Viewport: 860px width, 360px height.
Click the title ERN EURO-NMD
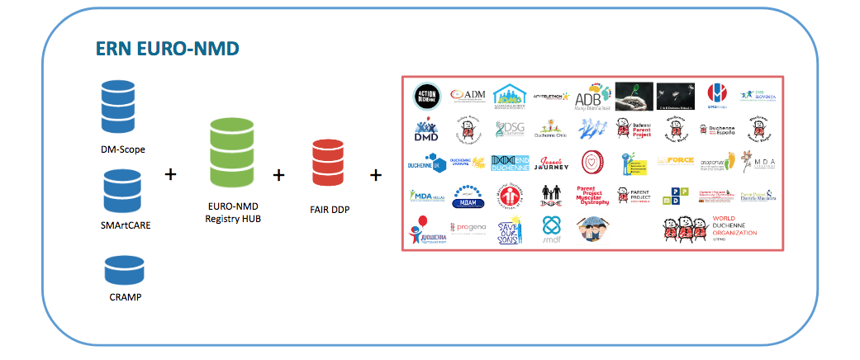tap(167, 50)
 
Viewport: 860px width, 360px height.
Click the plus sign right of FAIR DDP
tap(376, 175)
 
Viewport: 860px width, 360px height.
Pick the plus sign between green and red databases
tap(278, 175)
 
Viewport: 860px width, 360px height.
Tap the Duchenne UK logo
tap(426, 163)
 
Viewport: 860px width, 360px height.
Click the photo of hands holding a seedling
tap(634, 96)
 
